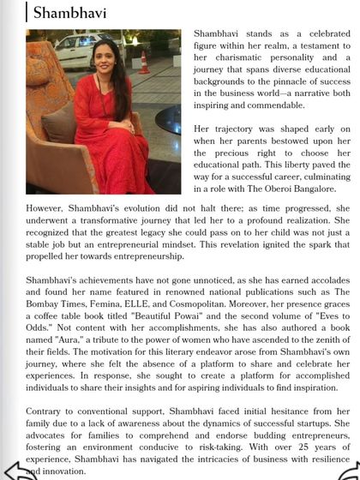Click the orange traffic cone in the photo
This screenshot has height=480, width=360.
pyautogui.click(x=143, y=63)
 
